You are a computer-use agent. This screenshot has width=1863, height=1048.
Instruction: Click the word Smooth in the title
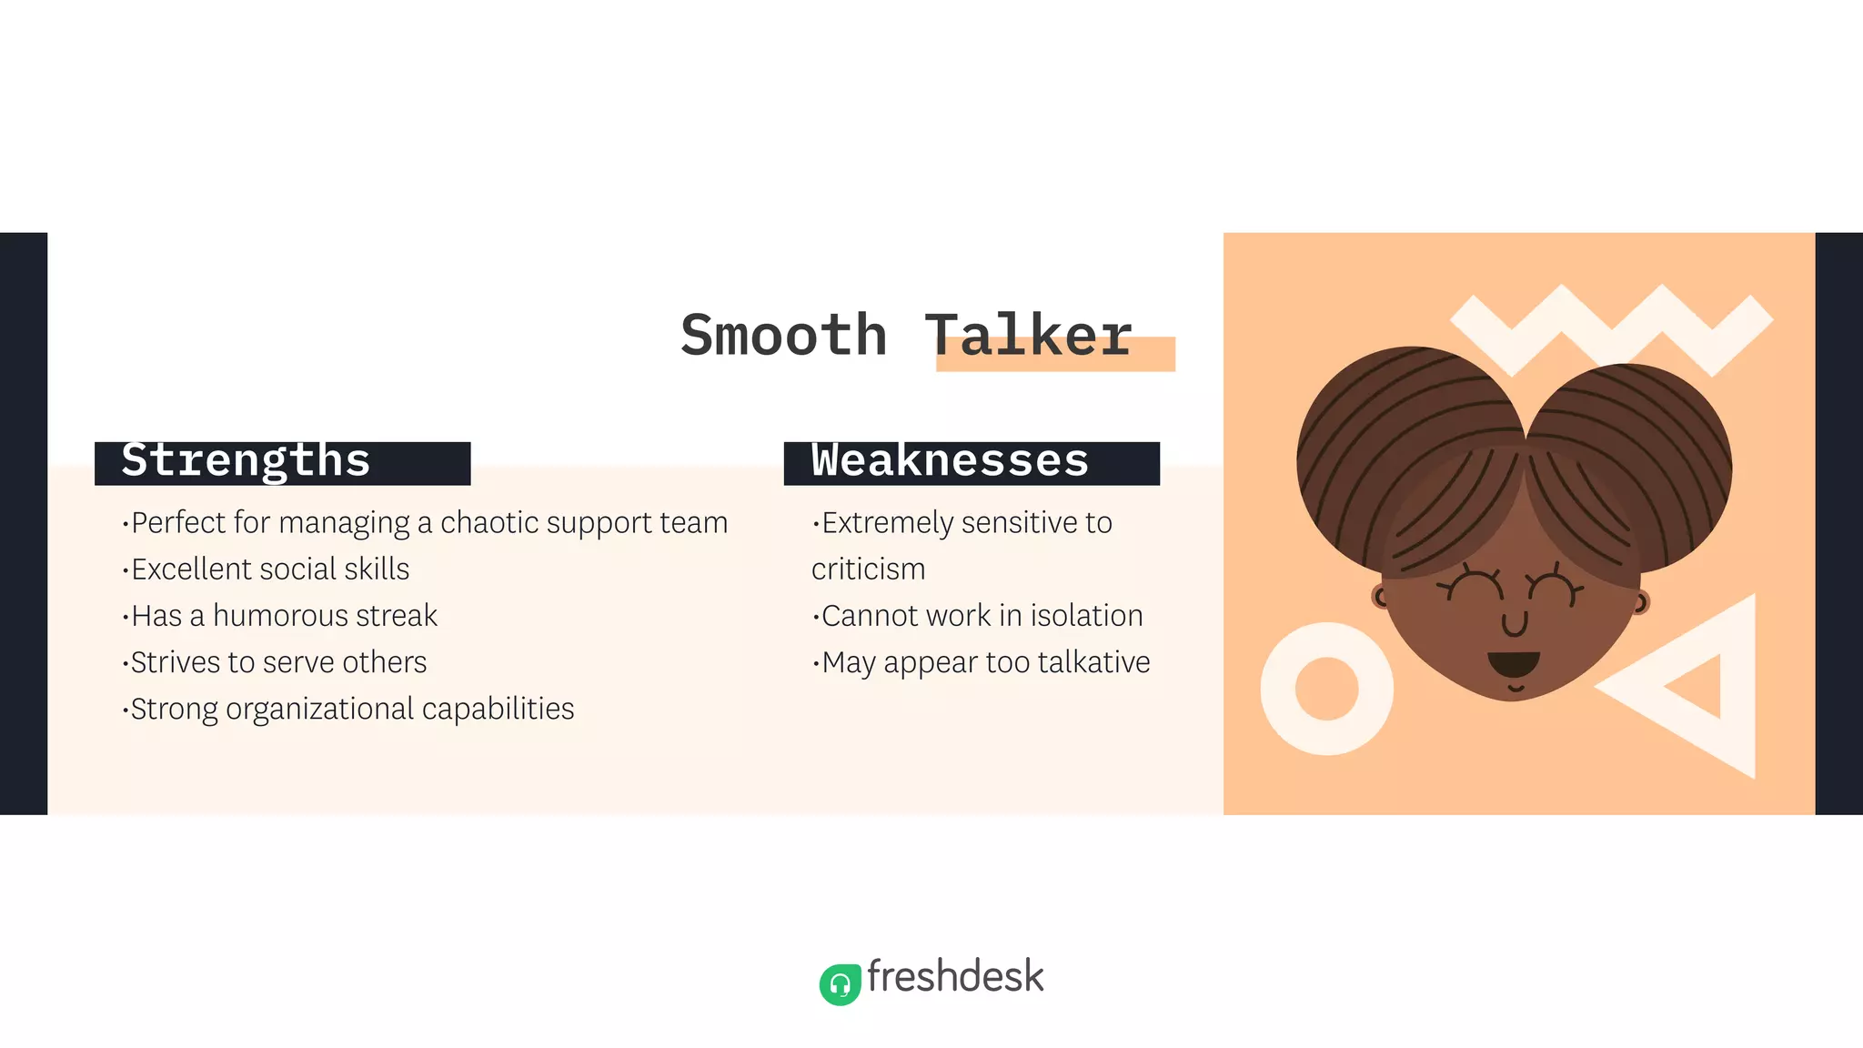pos(783,335)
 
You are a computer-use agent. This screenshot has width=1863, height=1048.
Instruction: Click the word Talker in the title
pos(1028,335)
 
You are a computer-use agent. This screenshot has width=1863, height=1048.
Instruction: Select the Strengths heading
pos(246,461)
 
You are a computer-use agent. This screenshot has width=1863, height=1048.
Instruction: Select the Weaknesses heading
pos(950,461)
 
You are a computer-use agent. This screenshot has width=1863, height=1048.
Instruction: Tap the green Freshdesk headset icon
pos(840,984)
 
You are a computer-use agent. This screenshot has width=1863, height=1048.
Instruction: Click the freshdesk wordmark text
pos(955,976)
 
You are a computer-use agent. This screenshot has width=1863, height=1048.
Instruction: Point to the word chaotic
pos(489,523)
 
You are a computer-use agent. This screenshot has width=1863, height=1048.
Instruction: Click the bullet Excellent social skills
pos(270,569)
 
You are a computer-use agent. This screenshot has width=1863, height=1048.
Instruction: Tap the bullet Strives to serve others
pos(278,662)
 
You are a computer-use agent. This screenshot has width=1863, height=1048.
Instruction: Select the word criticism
pos(868,569)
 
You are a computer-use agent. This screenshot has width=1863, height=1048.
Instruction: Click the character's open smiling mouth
pos(1514,663)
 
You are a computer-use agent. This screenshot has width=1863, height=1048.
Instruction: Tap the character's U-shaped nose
pos(1515,624)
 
